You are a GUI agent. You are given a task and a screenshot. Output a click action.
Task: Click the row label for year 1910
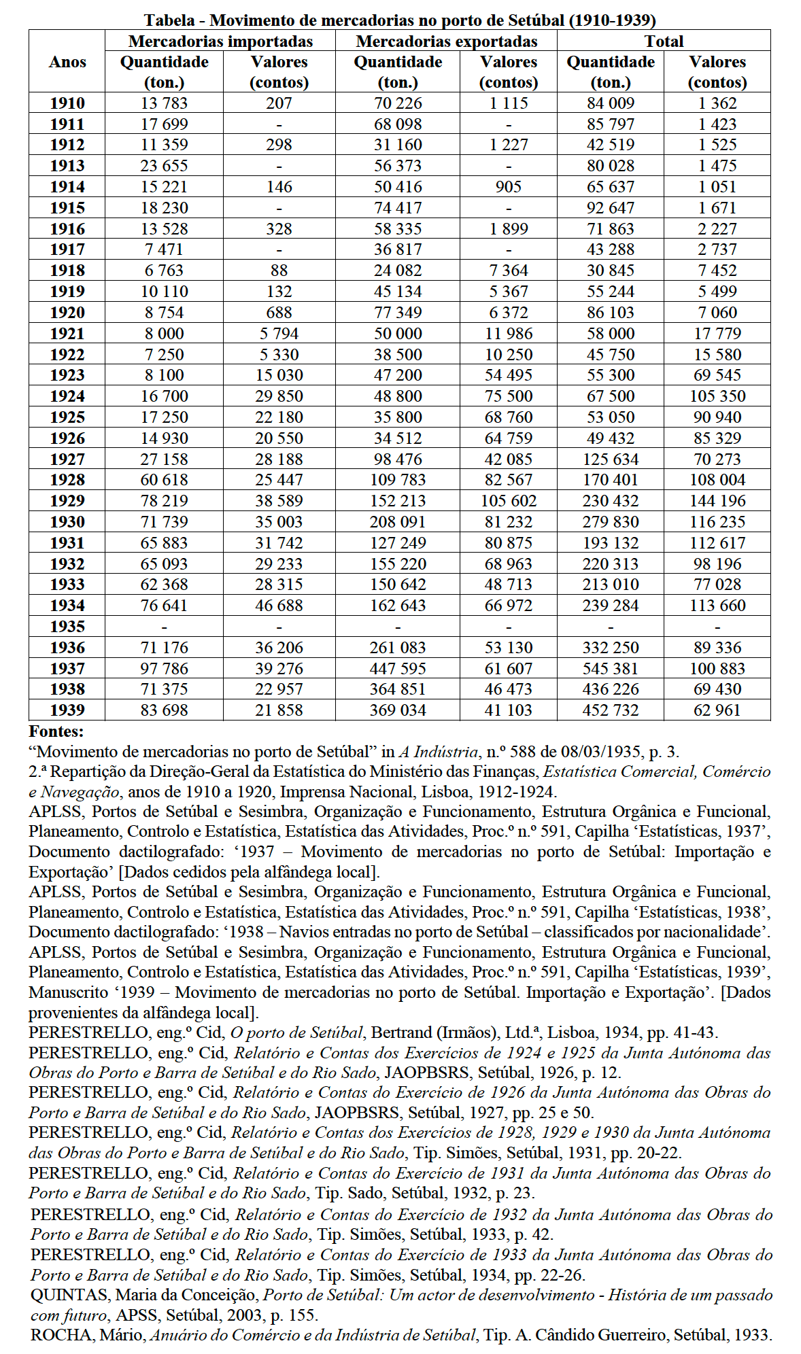(x=67, y=103)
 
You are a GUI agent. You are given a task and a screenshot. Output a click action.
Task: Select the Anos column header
(x=67, y=62)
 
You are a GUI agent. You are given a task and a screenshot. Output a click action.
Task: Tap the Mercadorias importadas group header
(x=220, y=41)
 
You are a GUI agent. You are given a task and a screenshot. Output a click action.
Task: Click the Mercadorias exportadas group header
(x=446, y=41)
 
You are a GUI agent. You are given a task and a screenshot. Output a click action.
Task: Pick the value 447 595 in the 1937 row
(x=398, y=669)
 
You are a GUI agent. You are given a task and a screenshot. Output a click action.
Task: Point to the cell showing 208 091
(x=398, y=522)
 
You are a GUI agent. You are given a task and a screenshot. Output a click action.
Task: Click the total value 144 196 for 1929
(x=717, y=501)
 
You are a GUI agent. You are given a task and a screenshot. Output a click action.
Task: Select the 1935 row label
(x=67, y=627)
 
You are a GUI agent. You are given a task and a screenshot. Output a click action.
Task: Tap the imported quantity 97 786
(x=164, y=669)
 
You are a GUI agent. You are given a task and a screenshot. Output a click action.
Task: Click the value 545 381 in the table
(x=611, y=669)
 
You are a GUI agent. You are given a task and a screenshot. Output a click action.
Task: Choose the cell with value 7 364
(x=509, y=271)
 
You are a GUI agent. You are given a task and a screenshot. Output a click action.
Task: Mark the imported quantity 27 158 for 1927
(x=164, y=459)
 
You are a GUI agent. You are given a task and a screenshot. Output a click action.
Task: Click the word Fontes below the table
(x=56, y=731)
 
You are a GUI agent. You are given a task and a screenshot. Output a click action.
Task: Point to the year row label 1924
(x=67, y=396)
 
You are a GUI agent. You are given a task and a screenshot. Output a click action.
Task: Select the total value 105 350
(x=717, y=396)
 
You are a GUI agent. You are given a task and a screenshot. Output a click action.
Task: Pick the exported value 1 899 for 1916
(x=509, y=229)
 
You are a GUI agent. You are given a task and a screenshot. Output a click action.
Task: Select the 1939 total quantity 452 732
(x=611, y=710)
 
